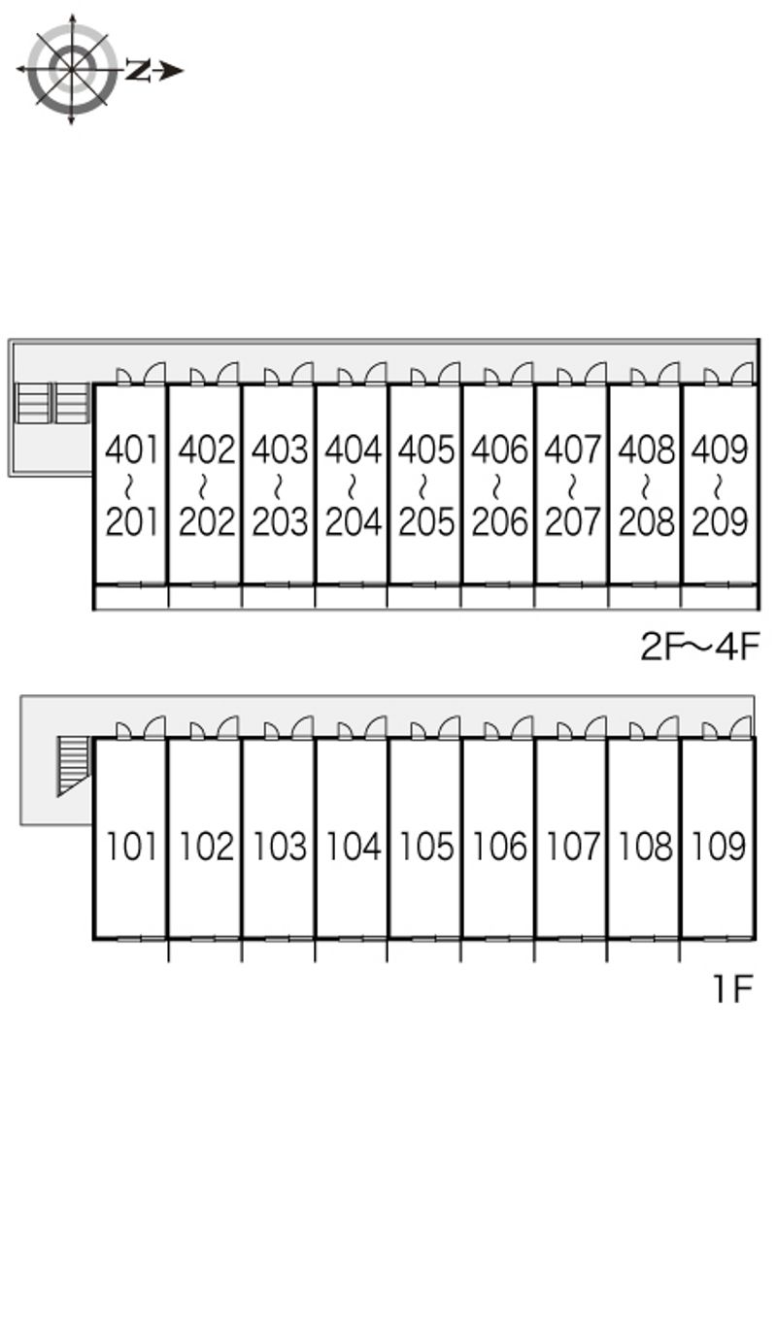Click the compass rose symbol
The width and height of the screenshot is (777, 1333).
click(x=72, y=70)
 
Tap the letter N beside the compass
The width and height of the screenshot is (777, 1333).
click(x=138, y=70)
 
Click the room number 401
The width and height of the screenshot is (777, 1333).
click(x=131, y=450)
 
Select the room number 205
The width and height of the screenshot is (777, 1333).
click(x=425, y=522)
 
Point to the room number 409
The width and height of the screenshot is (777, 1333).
click(x=720, y=450)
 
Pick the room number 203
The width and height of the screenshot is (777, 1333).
click(x=280, y=522)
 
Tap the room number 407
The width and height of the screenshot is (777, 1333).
click(x=572, y=450)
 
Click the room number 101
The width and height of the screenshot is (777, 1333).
click(x=131, y=846)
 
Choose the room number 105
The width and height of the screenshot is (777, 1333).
click(x=425, y=846)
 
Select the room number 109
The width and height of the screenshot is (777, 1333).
click(x=719, y=846)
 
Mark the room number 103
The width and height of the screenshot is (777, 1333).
click(x=280, y=846)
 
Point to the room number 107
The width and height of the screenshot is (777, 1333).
click(x=572, y=846)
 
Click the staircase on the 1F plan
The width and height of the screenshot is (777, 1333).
click(x=74, y=766)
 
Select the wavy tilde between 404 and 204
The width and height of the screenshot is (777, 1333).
click(x=352, y=485)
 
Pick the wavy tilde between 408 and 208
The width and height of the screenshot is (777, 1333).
click(x=646, y=485)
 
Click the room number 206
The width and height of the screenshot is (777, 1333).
click(x=499, y=522)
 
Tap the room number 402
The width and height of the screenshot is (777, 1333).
click(x=207, y=450)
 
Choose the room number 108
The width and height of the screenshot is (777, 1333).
click(x=646, y=846)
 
